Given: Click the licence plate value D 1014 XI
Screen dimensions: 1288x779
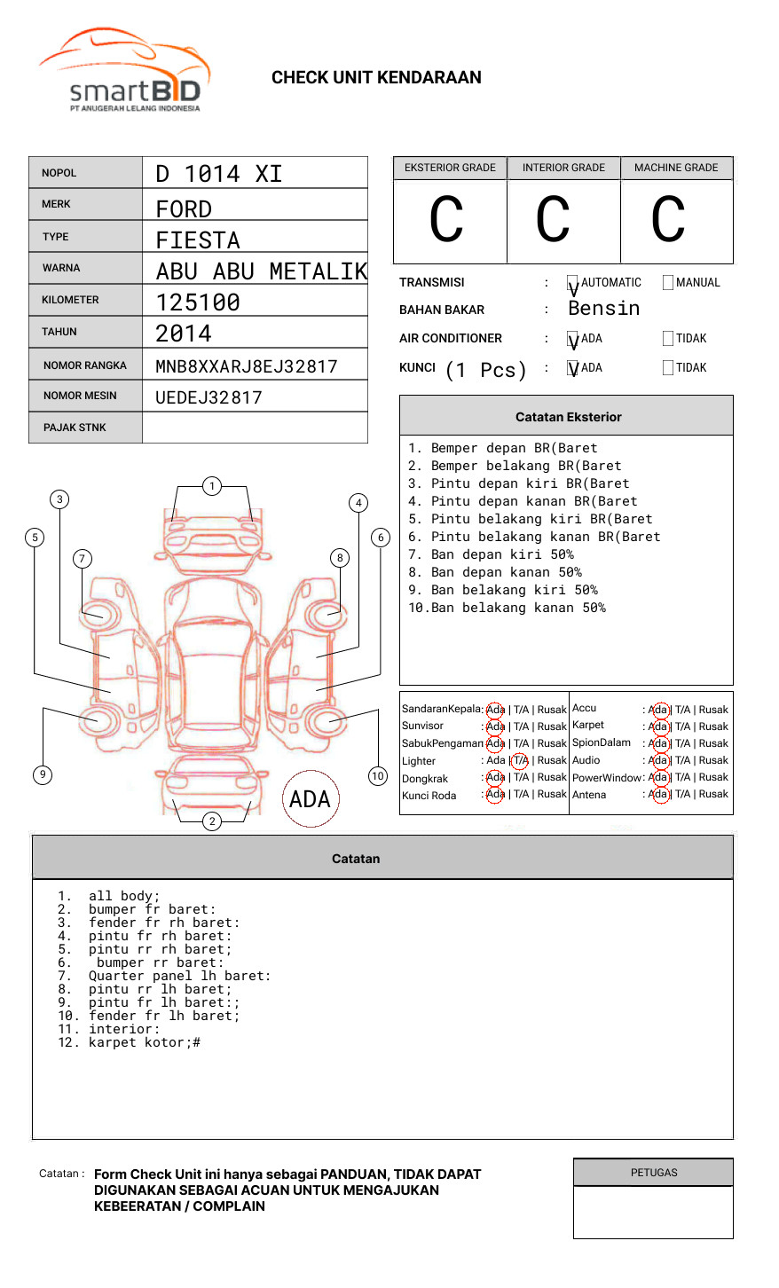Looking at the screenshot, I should point(219,174).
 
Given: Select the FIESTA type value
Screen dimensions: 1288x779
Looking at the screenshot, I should point(198,240).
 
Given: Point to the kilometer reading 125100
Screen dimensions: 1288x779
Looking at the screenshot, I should point(198,302).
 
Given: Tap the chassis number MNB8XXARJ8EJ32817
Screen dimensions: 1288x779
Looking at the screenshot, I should point(247,366).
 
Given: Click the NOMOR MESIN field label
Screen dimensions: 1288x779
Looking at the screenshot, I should point(80,396).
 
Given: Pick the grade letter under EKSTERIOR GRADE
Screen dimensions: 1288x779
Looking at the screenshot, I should point(446,220).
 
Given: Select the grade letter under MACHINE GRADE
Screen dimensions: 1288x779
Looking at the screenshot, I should point(668,220).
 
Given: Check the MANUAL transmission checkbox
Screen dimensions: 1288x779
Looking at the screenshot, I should point(668,283).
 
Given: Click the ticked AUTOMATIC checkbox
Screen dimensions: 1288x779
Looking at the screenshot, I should point(573,283).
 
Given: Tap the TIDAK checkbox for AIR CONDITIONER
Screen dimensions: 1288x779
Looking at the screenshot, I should point(668,339).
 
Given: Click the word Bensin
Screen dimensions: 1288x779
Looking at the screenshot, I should point(604,309).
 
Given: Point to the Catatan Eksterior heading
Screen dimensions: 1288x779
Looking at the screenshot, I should point(568,417).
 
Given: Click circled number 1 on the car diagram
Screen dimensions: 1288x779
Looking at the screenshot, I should point(211,486).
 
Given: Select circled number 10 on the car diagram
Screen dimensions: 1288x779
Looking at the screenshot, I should point(378,776).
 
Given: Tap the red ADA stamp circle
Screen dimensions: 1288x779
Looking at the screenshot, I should point(310,799).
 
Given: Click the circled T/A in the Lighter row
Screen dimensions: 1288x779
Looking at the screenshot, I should point(521,760).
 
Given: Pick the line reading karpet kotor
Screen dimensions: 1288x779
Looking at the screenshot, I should point(144,1043).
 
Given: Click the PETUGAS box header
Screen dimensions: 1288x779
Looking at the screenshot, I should point(654,1173).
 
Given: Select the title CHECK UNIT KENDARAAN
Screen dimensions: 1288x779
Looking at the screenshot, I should point(376,78).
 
